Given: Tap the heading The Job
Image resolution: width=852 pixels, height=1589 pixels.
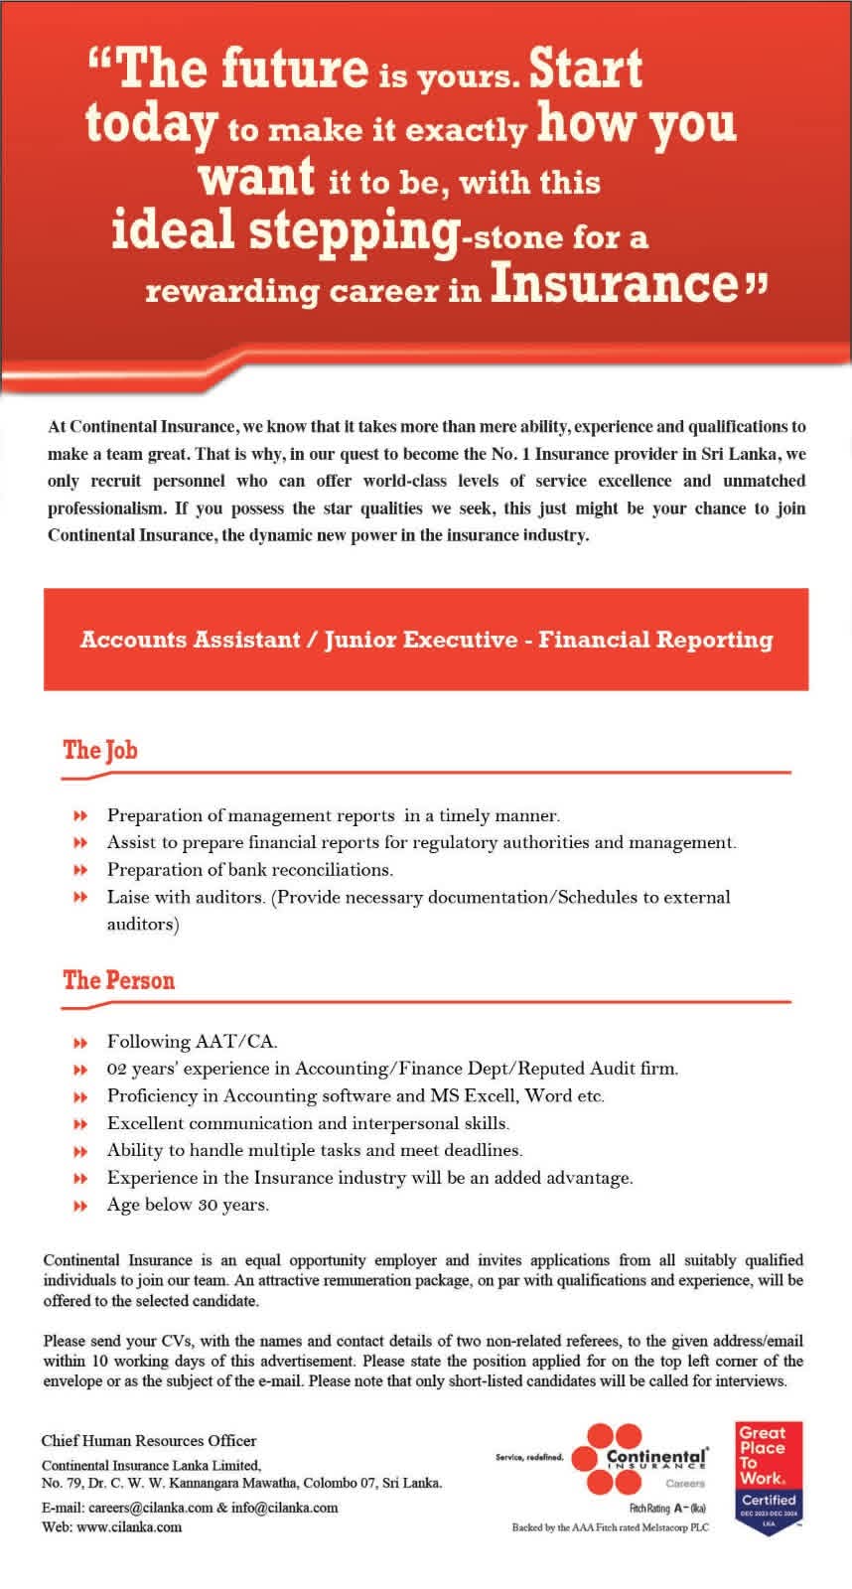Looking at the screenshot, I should pyautogui.click(x=100, y=750).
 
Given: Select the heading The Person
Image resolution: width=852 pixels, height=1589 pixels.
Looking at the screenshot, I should pyautogui.click(x=119, y=980).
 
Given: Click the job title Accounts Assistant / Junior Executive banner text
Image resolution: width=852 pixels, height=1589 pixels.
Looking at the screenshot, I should pyautogui.click(x=426, y=639).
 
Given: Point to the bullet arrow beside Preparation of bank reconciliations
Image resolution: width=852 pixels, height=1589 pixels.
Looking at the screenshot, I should pyautogui.click(x=80, y=870).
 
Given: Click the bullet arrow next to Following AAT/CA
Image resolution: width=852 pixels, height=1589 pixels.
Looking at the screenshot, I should pyautogui.click(x=80, y=1043).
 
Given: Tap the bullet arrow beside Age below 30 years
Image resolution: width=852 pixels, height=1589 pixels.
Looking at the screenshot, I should pyautogui.click(x=80, y=1206).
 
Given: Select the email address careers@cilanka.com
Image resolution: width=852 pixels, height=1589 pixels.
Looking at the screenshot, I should pyautogui.click(x=143, y=1507).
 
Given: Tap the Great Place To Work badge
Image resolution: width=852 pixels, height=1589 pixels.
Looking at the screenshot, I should pyautogui.click(x=769, y=1478).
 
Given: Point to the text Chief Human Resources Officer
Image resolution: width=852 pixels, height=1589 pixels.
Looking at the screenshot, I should pyautogui.click(x=149, y=1440).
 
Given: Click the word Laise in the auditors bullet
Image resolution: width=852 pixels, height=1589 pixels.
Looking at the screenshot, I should pyautogui.click(x=129, y=897).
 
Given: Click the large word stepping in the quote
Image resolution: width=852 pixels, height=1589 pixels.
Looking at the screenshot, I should pyautogui.click(x=352, y=230).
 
